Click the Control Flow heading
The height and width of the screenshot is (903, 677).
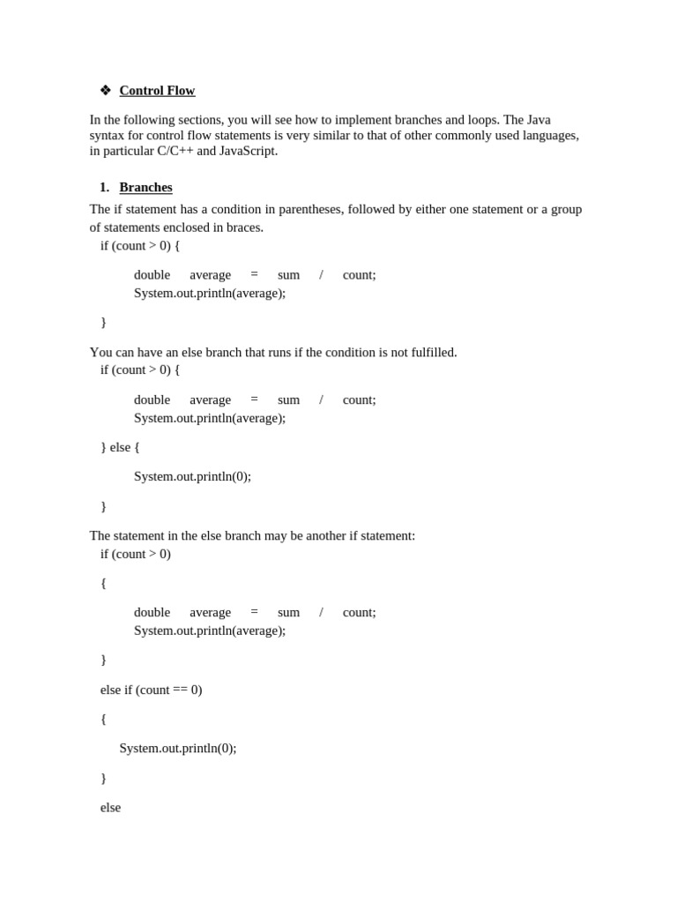[x=157, y=91]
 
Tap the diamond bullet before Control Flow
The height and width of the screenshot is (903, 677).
[x=106, y=90]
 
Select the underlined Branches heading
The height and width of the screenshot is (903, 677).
[x=145, y=187]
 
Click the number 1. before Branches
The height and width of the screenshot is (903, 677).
[x=104, y=187]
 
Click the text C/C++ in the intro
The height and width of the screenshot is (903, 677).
[x=175, y=151]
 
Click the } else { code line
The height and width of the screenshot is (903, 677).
[x=120, y=447]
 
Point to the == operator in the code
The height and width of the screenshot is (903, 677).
[x=180, y=690]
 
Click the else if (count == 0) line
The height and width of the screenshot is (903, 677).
[x=151, y=690]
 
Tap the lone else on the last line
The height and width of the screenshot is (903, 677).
[x=110, y=807]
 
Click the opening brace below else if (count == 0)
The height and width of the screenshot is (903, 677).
[x=103, y=719]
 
